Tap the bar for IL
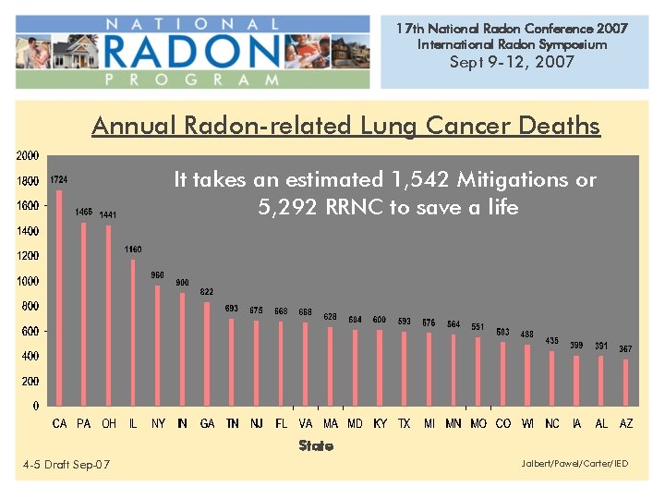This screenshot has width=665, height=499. pyautogui.click(x=133, y=333)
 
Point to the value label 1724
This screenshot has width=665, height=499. pyautogui.click(x=59, y=179)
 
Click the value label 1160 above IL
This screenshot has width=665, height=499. pyautogui.click(x=133, y=249)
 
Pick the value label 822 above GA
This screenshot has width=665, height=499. pyautogui.click(x=207, y=292)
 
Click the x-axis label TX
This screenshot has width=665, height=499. pyautogui.click(x=404, y=423)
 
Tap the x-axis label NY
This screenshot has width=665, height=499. pyautogui.click(x=158, y=423)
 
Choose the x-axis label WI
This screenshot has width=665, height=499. pyautogui.click(x=526, y=423)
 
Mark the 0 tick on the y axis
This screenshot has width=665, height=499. pyautogui.click(x=35, y=406)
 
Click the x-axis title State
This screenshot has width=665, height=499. pyautogui.click(x=315, y=445)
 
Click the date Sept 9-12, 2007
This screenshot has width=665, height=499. pyautogui.click(x=512, y=62)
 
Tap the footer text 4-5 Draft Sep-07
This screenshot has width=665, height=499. pyautogui.click(x=66, y=465)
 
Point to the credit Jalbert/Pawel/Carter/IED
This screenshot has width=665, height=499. pyautogui.click(x=574, y=463)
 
